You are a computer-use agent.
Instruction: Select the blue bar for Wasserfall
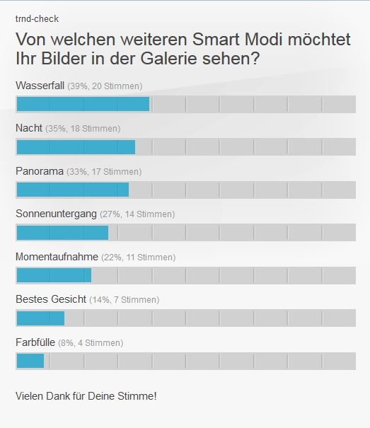tap(82, 104)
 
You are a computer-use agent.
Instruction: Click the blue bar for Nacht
tap(75, 147)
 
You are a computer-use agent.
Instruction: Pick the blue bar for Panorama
tap(72, 190)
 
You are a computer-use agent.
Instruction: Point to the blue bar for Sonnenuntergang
tap(62, 233)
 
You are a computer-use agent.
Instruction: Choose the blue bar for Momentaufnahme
tap(54, 275)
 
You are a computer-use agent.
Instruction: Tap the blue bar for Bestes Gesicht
tap(40, 318)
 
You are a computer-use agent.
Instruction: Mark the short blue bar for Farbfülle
tap(30, 361)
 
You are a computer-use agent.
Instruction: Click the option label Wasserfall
tap(40, 86)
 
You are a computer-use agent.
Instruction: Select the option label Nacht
tap(29, 129)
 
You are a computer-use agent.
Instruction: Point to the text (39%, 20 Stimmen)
tap(105, 86)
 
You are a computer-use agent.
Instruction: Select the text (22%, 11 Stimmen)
tap(138, 258)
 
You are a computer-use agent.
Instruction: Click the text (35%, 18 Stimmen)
tap(83, 129)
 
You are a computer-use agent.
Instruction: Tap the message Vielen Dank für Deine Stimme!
tap(86, 395)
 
